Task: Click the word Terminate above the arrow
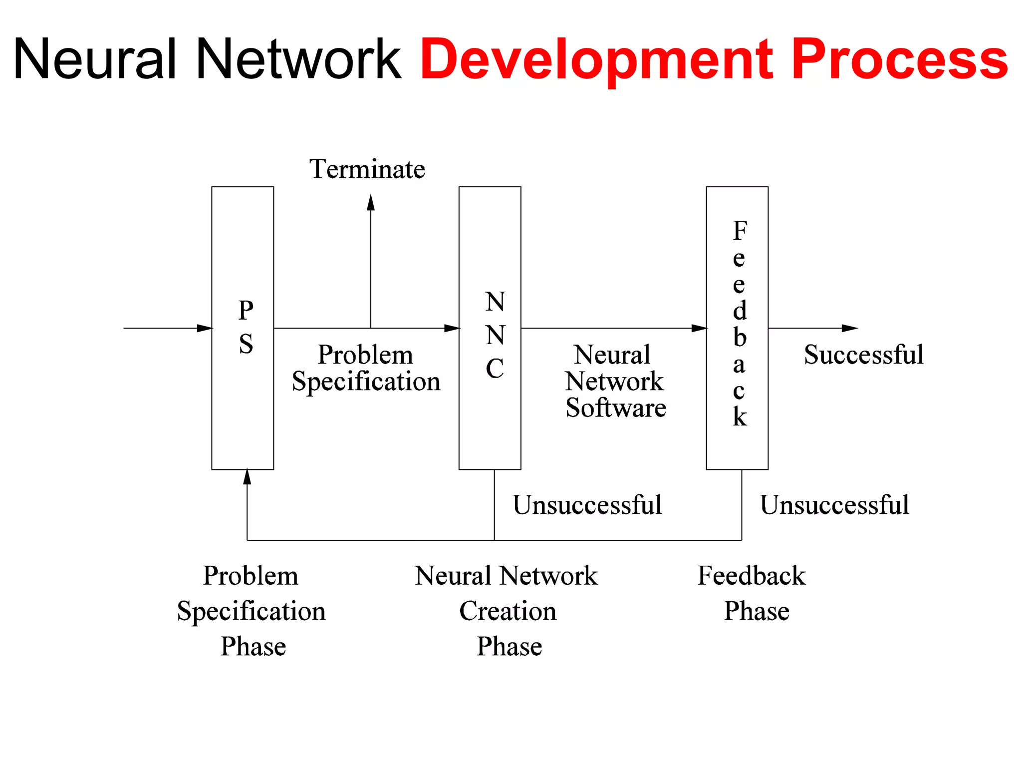click(367, 169)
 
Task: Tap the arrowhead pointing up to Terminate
click(371, 202)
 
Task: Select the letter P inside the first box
click(246, 311)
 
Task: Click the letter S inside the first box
click(246, 344)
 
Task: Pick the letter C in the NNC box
click(495, 369)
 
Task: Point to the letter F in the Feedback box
click(740, 231)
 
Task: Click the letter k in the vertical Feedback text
click(740, 417)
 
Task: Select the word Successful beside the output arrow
click(864, 355)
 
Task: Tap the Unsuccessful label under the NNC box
click(587, 505)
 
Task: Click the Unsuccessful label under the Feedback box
click(834, 505)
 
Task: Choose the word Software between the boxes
click(616, 408)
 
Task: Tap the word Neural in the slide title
click(95, 59)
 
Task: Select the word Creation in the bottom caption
click(508, 611)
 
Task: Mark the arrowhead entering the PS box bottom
click(247, 477)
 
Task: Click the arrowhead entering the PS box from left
click(205, 328)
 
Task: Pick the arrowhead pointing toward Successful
click(849, 328)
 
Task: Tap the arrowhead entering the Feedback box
click(699, 328)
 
